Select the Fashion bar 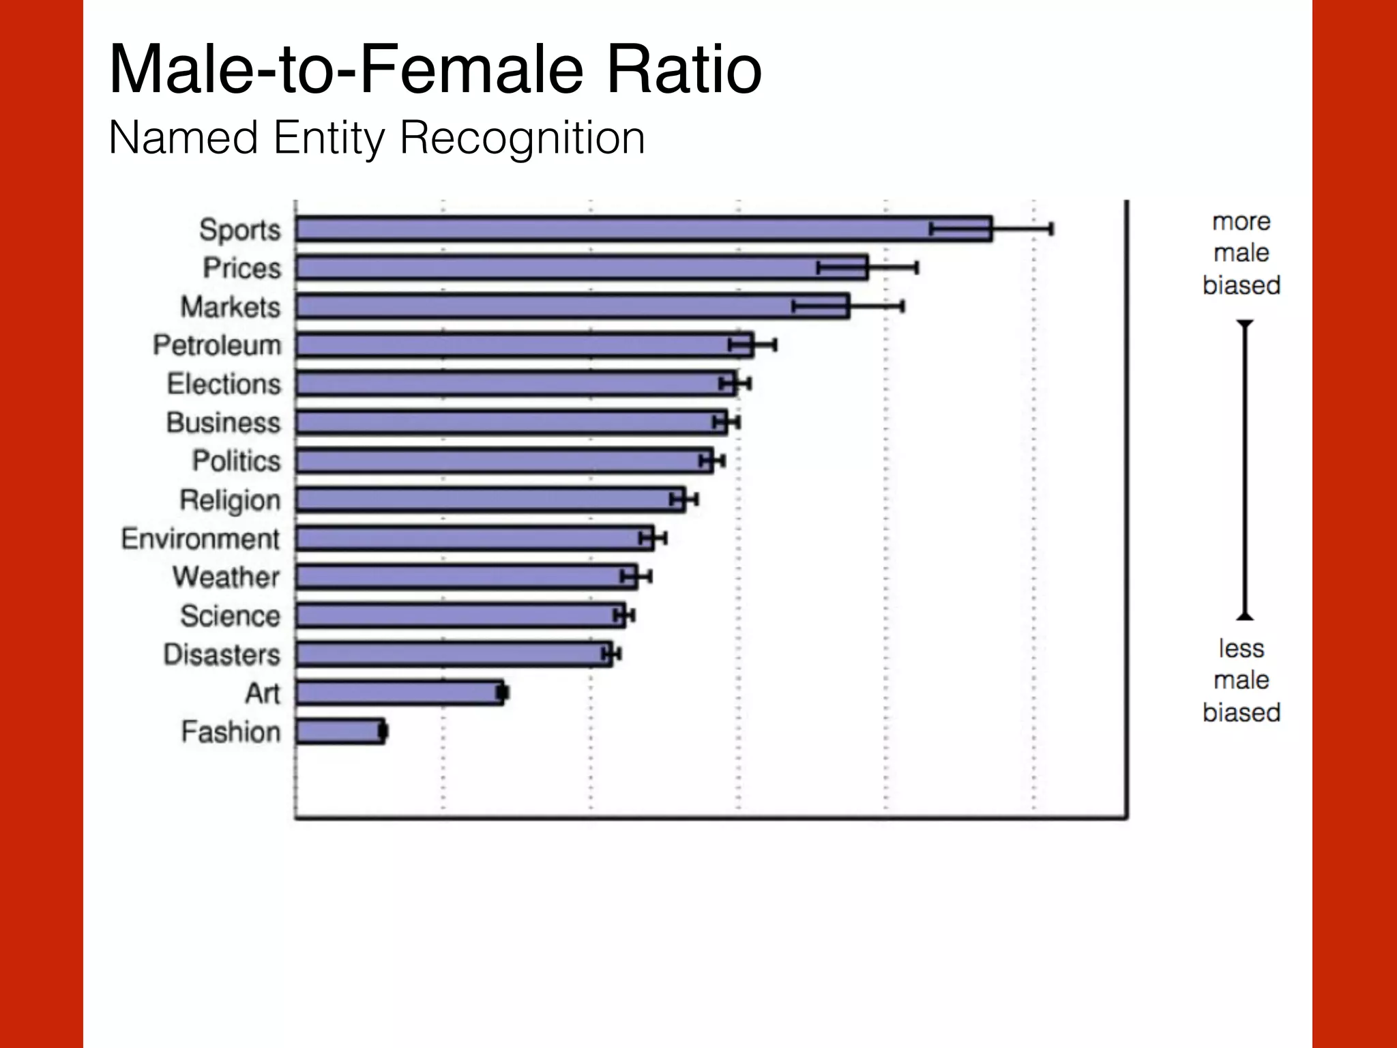click(x=339, y=731)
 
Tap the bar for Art click(x=399, y=693)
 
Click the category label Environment click(x=201, y=539)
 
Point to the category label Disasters click(x=222, y=655)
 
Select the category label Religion click(x=230, y=500)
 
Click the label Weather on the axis click(x=226, y=577)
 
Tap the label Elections click(x=224, y=384)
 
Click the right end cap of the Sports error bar click(x=1051, y=229)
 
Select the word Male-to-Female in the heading click(x=347, y=69)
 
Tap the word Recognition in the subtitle click(x=522, y=139)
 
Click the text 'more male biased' click(x=1241, y=253)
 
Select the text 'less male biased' click(x=1241, y=680)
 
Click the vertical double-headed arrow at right click(x=1245, y=469)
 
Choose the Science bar click(x=460, y=615)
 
